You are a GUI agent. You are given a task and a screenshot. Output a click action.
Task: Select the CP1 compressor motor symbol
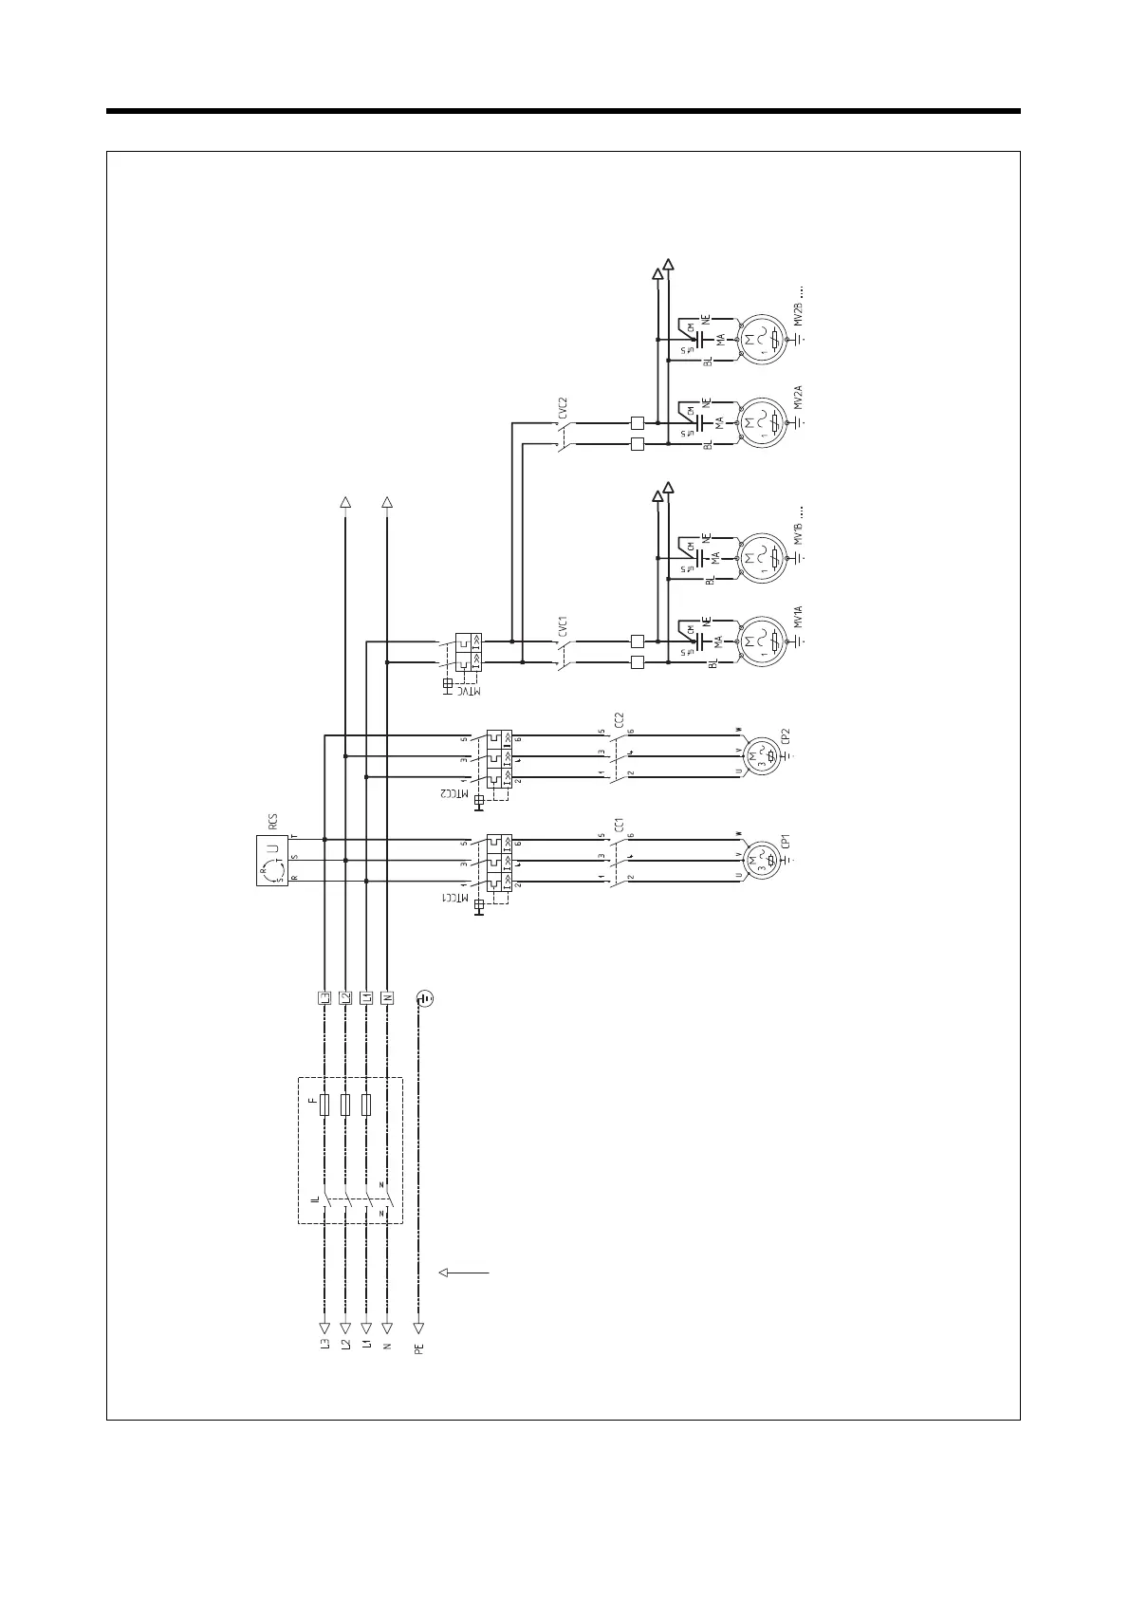(x=759, y=861)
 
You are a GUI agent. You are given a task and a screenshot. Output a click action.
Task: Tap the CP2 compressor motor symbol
(x=759, y=755)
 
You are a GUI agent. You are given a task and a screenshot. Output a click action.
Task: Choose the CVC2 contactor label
(x=563, y=408)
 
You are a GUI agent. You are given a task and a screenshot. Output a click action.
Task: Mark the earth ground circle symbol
(x=425, y=998)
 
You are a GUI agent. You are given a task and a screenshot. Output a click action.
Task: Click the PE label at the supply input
(x=419, y=1347)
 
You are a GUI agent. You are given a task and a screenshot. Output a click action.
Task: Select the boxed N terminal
(x=386, y=998)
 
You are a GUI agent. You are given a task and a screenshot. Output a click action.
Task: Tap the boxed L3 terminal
(x=324, y=998)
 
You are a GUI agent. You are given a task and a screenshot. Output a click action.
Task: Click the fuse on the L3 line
(x=324, y=1105)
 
